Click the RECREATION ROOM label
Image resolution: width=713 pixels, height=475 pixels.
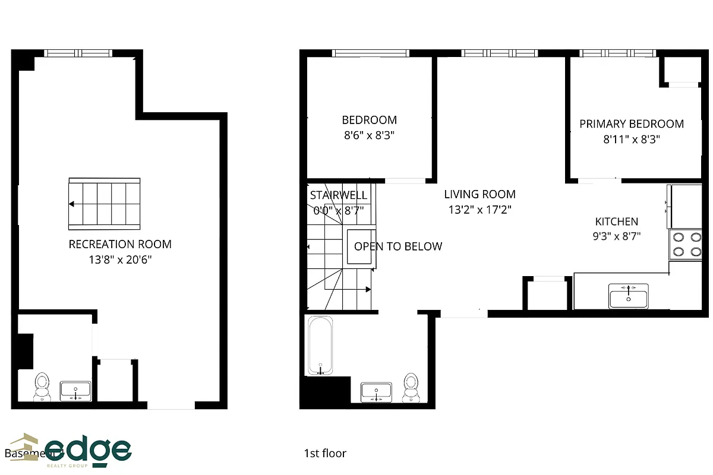click(120, 244)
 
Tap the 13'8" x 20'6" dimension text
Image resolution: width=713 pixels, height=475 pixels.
click(120, 259)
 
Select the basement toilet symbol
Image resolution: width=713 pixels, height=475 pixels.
click(42, 385)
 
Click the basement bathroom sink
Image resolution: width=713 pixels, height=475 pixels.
click(75, 391)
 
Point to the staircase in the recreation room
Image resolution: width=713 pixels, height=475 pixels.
click(105, 204)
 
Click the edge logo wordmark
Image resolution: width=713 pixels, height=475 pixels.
click(89, 449)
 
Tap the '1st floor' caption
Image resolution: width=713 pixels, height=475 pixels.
click(324, 454)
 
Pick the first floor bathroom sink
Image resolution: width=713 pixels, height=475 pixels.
click(376, 392)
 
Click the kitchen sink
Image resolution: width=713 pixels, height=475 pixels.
click(628, 295)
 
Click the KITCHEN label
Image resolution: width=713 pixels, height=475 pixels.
click(617, 221)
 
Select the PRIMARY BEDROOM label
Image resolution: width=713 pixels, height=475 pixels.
click(632, 124)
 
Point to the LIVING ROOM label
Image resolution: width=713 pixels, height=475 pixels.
click(479, 194)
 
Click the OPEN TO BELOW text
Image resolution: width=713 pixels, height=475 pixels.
click(398, 246)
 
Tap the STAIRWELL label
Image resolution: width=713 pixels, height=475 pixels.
click(339, 195)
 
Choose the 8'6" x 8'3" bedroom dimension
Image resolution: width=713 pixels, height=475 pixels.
click(369, 135)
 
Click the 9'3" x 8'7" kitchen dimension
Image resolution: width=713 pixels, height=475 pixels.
click(617, 236)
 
